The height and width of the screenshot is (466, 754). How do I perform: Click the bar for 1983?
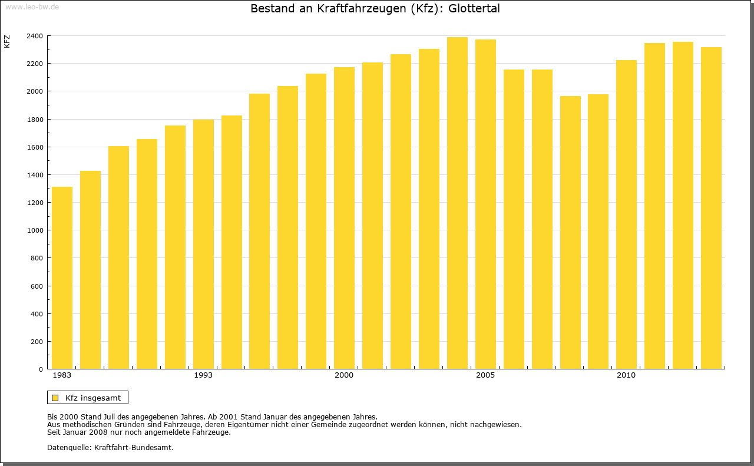(62, 277)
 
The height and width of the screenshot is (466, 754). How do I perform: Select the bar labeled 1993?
(203, 244)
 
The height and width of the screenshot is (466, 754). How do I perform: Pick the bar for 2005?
(485, 204)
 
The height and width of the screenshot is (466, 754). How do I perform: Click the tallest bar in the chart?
(457, 203)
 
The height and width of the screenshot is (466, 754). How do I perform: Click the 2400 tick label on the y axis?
(34, 36)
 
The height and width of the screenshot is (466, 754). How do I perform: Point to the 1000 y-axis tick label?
(34, 230)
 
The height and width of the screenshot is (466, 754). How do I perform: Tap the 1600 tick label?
(34, 147)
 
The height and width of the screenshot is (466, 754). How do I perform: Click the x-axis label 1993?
(203, 375)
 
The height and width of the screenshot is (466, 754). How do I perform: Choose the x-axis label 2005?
(485, 375)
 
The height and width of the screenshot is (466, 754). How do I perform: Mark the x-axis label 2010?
(626, 375)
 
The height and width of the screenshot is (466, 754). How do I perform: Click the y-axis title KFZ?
(7, 41)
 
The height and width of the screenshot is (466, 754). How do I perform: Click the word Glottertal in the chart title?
(474, 9)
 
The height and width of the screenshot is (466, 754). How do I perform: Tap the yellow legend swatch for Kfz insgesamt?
(55, 398)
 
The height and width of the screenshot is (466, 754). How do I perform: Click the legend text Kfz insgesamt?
(93, 398)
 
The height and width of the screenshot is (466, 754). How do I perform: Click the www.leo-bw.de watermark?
(31, 6)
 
